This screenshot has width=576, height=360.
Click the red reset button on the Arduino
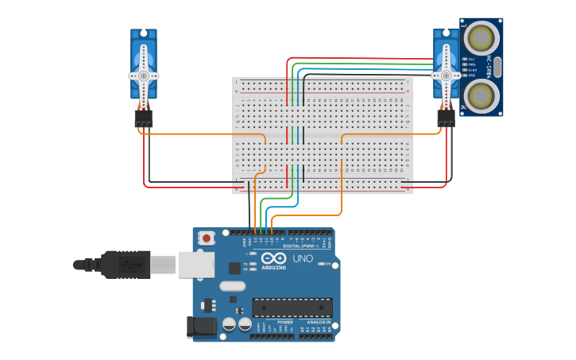[x=207, y=238]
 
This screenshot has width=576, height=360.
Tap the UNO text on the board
[x=303, y=259]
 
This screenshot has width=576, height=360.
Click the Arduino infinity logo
[x=273, y=258]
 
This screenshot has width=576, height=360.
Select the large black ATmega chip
[x=292, y=308]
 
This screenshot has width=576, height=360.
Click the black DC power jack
[x=200, y=326]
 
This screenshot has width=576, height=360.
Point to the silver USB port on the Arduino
[x=195, y=265]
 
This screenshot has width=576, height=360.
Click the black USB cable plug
[x=126, y=264]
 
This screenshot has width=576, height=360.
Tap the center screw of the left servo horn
[x=144, y=75]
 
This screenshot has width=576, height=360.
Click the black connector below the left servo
[x=143, y=118]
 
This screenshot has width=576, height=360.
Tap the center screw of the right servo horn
[x=446, y=75]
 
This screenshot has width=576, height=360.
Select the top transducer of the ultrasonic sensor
[x=481, y=37]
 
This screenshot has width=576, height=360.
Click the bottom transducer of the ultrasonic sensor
[x=481, y=95]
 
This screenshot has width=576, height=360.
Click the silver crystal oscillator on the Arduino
[x=233, y=286]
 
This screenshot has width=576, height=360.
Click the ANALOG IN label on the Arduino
[x=319, y=322]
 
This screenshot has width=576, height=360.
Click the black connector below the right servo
[x=446, y=118]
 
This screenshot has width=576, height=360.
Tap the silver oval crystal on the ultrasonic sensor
[x=497, y=67]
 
